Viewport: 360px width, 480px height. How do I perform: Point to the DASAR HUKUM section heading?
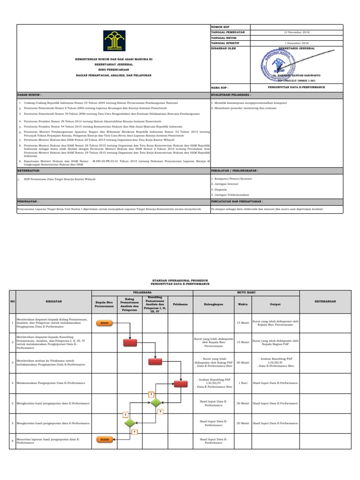[x=27, y=94]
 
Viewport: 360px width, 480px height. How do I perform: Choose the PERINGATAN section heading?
[x=28, y=200]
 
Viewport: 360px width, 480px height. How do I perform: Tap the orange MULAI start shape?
[x=104, y=322]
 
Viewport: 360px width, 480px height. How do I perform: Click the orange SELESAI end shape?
[x=104, y=439]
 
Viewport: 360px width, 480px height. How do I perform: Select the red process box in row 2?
[x=129, y=343]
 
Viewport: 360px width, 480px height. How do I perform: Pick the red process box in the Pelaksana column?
[x=180, y=383]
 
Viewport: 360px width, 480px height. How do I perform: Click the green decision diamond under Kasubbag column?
[x=155, y=403]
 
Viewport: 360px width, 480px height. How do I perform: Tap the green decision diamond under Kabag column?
[x=129, y=423]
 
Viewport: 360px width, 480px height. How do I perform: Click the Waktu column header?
[x=243, y=304]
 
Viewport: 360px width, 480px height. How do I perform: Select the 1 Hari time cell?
[x=243, y=383]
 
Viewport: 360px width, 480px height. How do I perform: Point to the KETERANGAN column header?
[x=325, y=301]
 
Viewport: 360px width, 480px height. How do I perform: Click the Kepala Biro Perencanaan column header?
[x=104, y=304]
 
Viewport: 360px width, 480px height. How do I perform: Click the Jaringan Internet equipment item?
[x=225, y=185]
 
